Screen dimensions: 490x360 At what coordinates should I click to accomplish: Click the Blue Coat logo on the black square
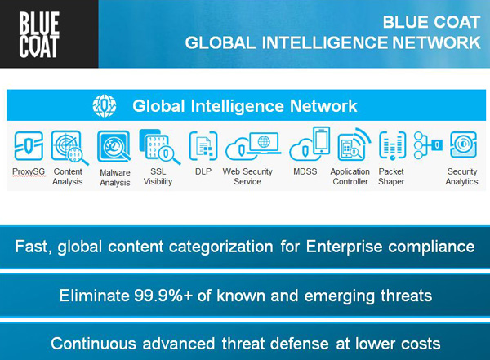[39, 34]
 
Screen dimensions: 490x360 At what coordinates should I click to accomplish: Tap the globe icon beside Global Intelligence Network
[105, 106]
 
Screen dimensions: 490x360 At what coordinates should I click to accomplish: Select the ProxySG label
[29, 171]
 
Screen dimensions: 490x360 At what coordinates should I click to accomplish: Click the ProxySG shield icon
[29, 145]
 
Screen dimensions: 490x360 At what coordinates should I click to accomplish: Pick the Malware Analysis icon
[114, 146]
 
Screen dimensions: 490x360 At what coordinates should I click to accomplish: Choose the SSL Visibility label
[158, 176]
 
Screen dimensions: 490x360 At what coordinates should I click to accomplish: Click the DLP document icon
[203, 146]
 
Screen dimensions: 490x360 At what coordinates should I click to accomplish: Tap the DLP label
[203, 171]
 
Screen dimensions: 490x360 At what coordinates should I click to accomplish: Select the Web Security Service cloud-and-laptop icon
[253, 145]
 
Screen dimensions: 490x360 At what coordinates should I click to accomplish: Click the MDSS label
[305, 171]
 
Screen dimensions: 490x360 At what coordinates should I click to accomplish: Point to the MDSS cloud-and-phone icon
[310, 144]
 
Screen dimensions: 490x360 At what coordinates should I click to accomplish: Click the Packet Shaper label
[391, 176]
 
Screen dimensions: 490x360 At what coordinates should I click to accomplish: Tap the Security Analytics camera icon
[463, 144]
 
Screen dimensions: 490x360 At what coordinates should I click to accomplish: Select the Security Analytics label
[462, 176]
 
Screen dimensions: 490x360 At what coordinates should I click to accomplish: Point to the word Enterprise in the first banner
[344, 247]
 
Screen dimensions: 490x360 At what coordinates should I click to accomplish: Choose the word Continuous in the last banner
[93, 344]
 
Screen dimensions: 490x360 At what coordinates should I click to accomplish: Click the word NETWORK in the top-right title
[436, 42]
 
